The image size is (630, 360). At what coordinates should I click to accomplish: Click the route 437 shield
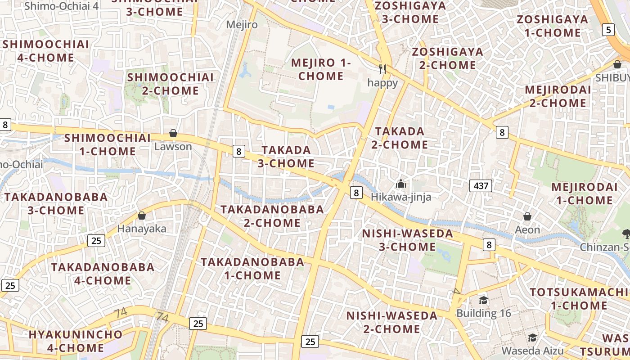481,185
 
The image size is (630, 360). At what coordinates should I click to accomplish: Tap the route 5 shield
608,30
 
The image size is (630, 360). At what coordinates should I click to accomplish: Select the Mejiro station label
242,24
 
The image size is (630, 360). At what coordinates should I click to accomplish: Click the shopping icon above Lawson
173,134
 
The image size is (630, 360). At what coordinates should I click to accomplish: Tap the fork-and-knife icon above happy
382,69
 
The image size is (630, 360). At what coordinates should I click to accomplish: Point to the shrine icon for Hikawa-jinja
400,184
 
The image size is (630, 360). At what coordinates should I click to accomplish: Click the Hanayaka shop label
142,229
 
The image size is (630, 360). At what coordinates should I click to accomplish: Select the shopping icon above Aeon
527,216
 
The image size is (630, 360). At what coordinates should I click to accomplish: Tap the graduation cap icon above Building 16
483,300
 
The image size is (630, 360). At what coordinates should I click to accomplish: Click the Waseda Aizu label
532,350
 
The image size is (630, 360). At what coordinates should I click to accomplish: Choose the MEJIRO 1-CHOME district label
321,69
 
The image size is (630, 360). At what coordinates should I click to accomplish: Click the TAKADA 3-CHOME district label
286,156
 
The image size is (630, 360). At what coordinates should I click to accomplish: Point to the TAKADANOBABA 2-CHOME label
272,216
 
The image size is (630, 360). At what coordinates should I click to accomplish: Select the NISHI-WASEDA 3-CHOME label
408,240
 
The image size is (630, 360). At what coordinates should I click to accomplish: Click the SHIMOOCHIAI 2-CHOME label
170,84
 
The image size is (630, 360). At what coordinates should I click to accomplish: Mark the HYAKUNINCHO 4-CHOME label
76,341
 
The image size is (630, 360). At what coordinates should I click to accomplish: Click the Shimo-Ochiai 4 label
62,6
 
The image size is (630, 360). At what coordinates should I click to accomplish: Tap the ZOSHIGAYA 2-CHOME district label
448,58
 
